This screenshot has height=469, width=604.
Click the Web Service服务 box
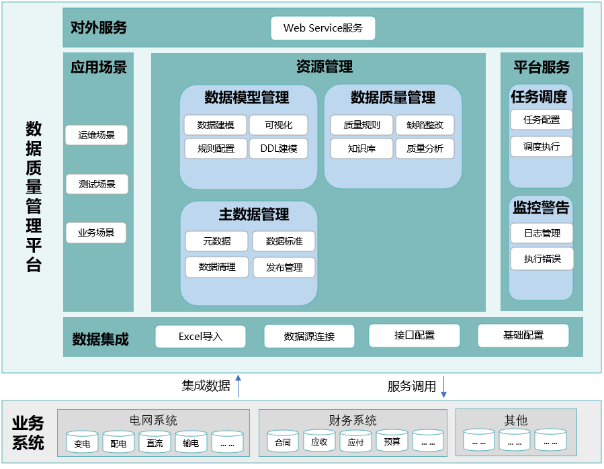tap(322, 28)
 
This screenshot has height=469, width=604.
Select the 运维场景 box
tap(96, 135)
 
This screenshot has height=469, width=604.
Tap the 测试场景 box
tap(97, 184)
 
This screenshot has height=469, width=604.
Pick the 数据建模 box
tap(216, 125)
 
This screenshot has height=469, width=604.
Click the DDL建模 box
tap(278, 148)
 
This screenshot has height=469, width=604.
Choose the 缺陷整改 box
tap(425, 125)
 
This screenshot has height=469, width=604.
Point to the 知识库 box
tap(361, 148)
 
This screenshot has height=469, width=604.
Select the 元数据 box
tap(216, 241)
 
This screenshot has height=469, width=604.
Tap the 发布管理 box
tap(284, 267)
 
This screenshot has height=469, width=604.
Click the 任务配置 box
tap(541, 120)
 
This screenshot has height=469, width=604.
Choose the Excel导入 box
tap(200, 337)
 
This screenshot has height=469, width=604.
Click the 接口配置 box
tap(415, 335)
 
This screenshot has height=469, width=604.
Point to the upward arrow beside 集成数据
tap(239, 386)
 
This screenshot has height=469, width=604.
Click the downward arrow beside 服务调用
tap(443, 387)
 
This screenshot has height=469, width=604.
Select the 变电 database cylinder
tap(82, 443)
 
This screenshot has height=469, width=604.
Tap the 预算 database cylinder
tap(392, 441)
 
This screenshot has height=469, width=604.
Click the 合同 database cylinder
tap(283, 441)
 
